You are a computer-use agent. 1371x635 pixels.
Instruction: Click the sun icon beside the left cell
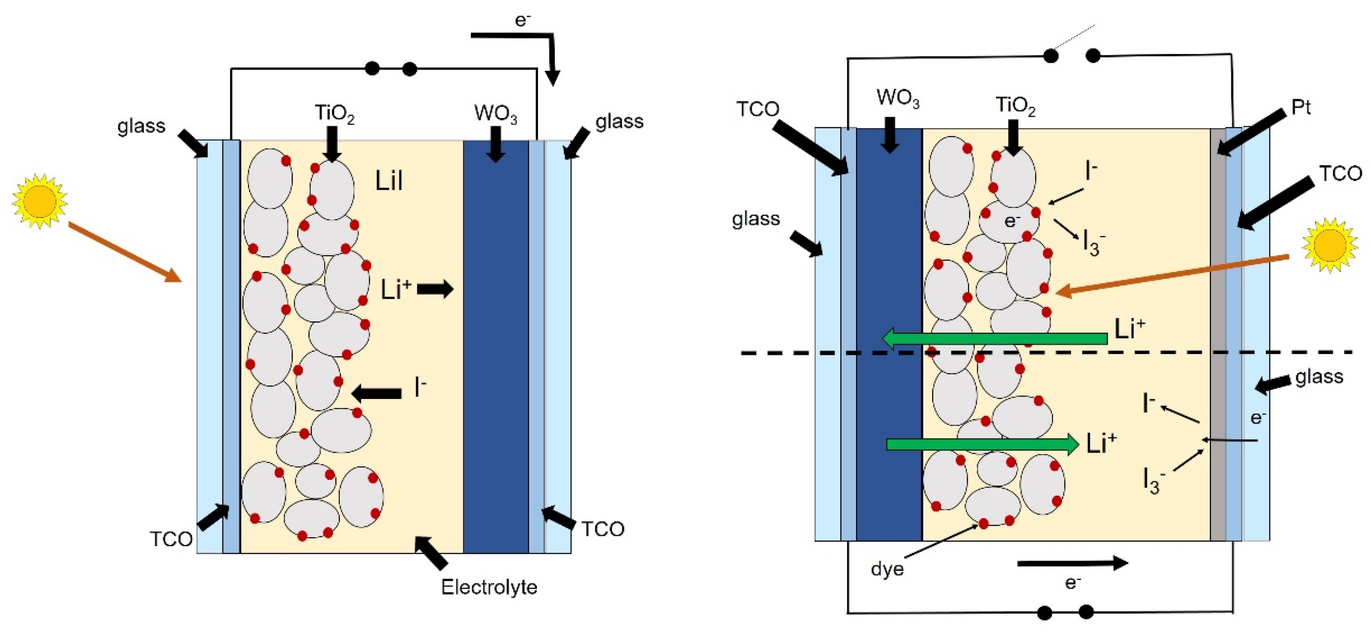coord(39,201)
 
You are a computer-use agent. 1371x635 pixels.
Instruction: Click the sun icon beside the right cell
coord(1329,245)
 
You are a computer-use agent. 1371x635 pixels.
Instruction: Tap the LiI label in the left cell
coord(389,182)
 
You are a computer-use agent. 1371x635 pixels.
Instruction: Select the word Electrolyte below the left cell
coord(488,587)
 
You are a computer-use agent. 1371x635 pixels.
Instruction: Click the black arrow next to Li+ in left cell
coord(435,290)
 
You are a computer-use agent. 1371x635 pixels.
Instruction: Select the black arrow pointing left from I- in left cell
coord(377,394)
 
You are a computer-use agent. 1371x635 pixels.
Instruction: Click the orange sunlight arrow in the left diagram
coord(126,253)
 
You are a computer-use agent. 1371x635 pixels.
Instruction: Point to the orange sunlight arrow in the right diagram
coord(1171,275)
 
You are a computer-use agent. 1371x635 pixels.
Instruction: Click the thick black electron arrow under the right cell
coord(1072,563)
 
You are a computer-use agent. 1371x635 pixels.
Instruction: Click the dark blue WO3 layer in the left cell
coord(495,346)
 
